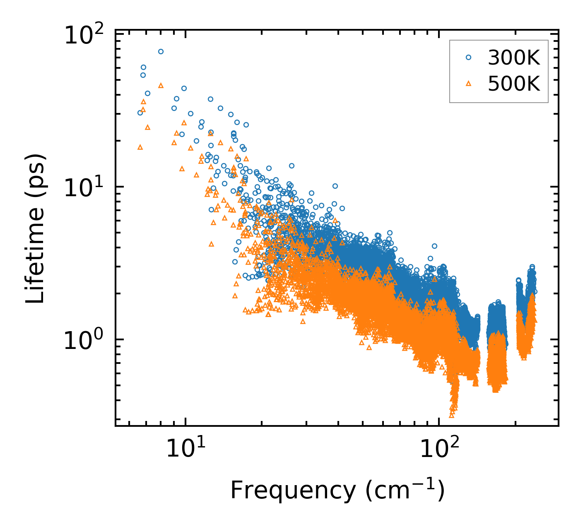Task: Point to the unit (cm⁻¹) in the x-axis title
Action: coord(405,491)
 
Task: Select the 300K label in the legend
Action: coord(514,58)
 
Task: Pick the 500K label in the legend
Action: coord(514,84)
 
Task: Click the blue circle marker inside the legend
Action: coord(468,58)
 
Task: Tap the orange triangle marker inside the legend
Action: coord(468,84)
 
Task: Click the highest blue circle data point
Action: coord(161,52)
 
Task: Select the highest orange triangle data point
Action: coord(161,86)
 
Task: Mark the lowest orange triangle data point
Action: coord(452,415)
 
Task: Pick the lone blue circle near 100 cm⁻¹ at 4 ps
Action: coord(434,246)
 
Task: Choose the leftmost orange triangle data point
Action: coord(140,147)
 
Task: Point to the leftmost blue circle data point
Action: coord(140,113)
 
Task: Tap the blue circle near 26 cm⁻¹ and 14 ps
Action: coord(291,166)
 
